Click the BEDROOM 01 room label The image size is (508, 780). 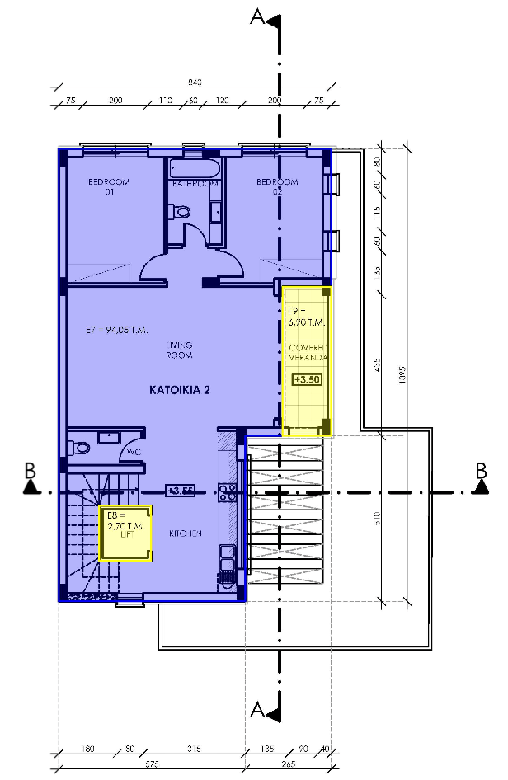(x=109, y=186)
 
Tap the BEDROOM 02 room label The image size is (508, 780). (x=276, y=186)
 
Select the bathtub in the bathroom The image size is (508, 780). (x=195, y=169)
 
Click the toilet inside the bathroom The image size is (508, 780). (x=181, y=212)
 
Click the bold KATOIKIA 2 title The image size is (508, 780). (x=179, y=390)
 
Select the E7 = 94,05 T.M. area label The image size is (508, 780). (x=116, y=331)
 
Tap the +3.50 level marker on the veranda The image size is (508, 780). (x=306, y=380)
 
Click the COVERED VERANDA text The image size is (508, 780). (x=308, y=353)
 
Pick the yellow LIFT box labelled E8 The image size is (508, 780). (x=126, y=533)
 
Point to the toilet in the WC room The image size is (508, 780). (x=80, y=448)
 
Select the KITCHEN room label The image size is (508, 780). (x=186, y=534)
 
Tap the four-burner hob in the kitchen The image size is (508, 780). (x=228, y=491)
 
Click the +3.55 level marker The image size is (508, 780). (x=180, y=490)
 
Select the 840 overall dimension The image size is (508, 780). (x=195, y=82)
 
